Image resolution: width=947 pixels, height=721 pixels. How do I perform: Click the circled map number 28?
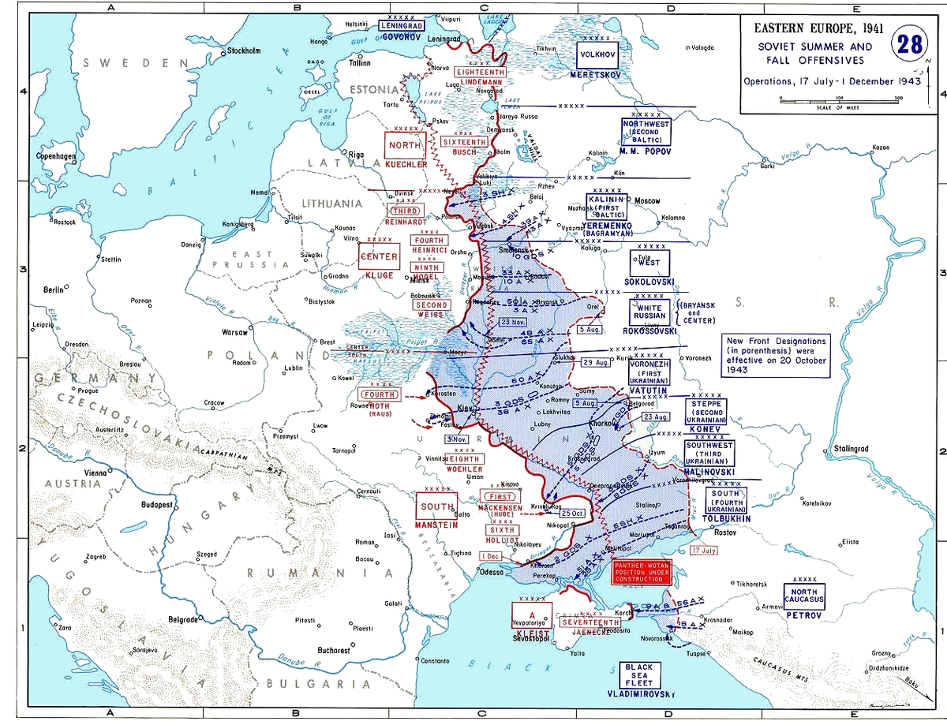click(x=910, y=43)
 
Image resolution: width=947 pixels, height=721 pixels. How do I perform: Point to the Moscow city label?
click(x=646, y=200)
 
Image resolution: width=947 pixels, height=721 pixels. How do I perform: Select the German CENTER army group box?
click(x=379, y=257)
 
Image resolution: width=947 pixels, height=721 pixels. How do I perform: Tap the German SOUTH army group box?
click(x=436, y=506)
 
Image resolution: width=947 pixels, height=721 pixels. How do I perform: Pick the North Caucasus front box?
click(x=804, y=595)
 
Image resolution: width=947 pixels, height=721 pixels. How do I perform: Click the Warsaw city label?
click(x=234, y=332)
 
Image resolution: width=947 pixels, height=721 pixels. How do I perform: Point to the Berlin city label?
click(x=54, y=290)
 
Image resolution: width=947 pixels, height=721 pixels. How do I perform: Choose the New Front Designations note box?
click(x=777, y=355)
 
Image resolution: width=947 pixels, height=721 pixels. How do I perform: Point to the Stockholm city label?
click(x=244, y=52)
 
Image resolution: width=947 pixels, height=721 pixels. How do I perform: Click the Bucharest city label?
click(x=335, y=651)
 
